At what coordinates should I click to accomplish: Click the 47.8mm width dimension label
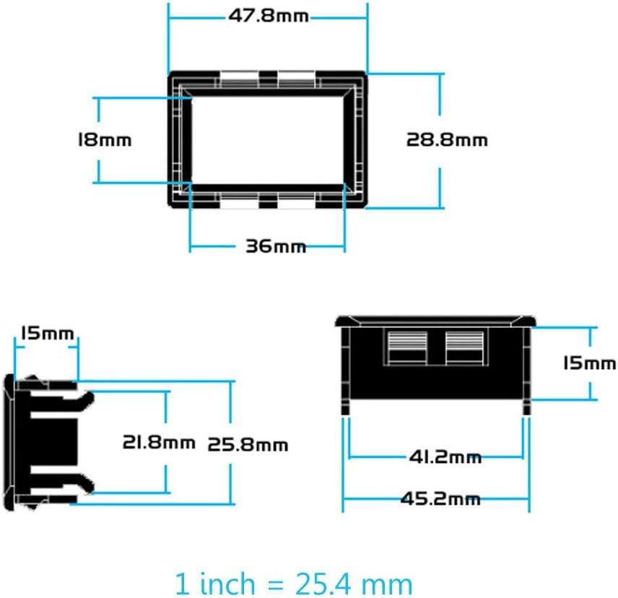(269, 16)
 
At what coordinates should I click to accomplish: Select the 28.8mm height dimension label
(447, 140)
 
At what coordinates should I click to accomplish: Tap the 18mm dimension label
(105, 140)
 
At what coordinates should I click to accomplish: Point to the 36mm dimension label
(276, 246)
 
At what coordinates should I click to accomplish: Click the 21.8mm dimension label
(159, 442)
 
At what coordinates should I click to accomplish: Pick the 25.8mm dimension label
(248, 445)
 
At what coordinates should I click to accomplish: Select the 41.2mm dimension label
(445, 457)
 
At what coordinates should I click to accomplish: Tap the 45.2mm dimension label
(440, 499)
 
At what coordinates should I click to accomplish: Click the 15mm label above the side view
(48, 333)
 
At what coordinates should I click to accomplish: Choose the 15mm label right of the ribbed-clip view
(590, 363)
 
